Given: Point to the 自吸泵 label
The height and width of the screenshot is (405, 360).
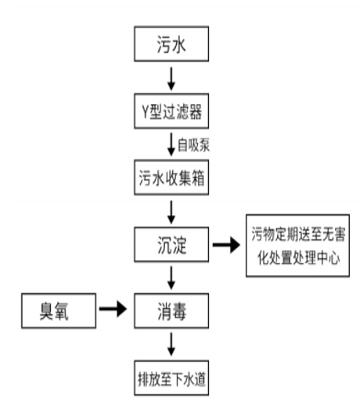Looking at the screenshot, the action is (x=193, y=145).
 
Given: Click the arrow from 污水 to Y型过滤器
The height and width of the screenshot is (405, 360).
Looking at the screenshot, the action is (x=171, y=79).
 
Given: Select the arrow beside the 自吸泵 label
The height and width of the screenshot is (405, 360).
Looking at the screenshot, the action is (x=171, y=145).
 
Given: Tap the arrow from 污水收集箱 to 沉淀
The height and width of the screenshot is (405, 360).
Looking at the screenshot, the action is (x=171, y=212).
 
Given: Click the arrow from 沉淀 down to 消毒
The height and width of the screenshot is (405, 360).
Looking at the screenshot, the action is (x=171, y=278).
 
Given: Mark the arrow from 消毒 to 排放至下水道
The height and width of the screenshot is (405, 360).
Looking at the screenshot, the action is (x=171, y=344).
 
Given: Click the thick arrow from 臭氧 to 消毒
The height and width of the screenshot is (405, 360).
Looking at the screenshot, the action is (x=113, y=309).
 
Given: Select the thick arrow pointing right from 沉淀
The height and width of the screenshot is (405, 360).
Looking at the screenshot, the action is (x=226, y=245).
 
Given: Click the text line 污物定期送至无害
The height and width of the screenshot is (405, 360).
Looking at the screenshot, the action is (x=298, y=234).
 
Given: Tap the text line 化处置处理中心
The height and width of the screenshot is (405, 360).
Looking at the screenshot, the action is (x=298, y=257).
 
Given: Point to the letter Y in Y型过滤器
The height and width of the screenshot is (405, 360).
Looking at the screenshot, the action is (x=146, y=112).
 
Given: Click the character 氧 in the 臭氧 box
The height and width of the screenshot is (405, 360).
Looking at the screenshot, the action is (x=62, y=311).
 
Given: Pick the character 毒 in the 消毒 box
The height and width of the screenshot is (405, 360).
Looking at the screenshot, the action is (x=179, y=311).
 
